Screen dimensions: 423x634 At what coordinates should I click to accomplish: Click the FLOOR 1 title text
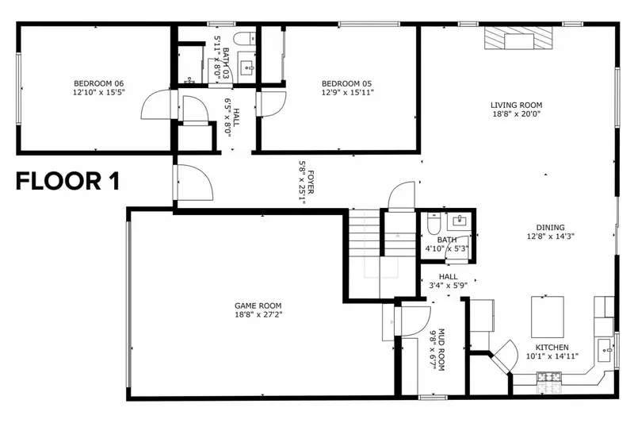pyautogui.click(x=68, y=182)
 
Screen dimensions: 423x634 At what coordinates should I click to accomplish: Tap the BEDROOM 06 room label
pyautogui.click(x=98, y=83)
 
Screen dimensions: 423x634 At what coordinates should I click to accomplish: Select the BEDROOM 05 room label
pyautogui.click(x=346, y=83)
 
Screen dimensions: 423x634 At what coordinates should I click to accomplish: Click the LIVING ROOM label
pyautogui.click(x=515, y=105)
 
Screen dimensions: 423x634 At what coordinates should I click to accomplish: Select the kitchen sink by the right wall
pyautogui.click(x=605, y=347)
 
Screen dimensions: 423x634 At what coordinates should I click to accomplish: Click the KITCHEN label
pyautogui.click(x=551, y=348)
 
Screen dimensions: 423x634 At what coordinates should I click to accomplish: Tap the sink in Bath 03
pyautogui.click(x=246, y=67)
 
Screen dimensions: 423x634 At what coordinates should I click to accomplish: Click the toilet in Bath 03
pyautogui.click(x=245, y=37)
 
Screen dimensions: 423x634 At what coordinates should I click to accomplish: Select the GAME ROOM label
pyautogui.click(x=258, y=306)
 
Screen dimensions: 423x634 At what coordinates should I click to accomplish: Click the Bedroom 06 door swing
pyautogui.click(x=155, y=106)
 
